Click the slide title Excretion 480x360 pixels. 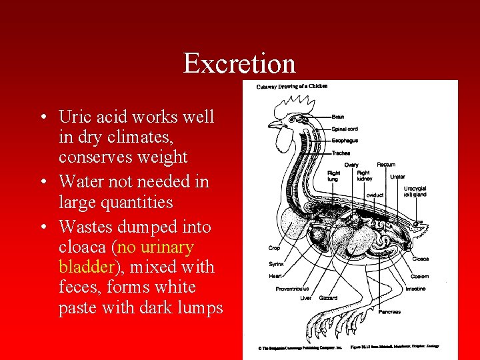(x=239, y=63)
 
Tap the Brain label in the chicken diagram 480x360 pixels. (x=338, y=117)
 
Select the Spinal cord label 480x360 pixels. (x=345, y=129)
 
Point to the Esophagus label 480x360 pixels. (x=345, y=141)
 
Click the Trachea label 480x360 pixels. (x=341, y=153)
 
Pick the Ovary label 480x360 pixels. (x=351, y=165)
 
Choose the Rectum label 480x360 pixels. (x=386, y=164)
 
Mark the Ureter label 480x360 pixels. (x=397, y=177)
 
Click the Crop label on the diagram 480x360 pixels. (x=274, y=248)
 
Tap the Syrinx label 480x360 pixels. (x=276, y=263)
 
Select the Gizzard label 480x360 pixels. (x=328, y=298)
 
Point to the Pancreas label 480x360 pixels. (x=389, y=311)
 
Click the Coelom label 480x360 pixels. (x=420, y=276)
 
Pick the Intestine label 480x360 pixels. (x=415, y=289)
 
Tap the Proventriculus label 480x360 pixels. (x=293, y=289)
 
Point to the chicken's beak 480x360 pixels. (x=272, y=125)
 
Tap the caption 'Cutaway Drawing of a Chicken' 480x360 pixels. (x=292, y=86)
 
